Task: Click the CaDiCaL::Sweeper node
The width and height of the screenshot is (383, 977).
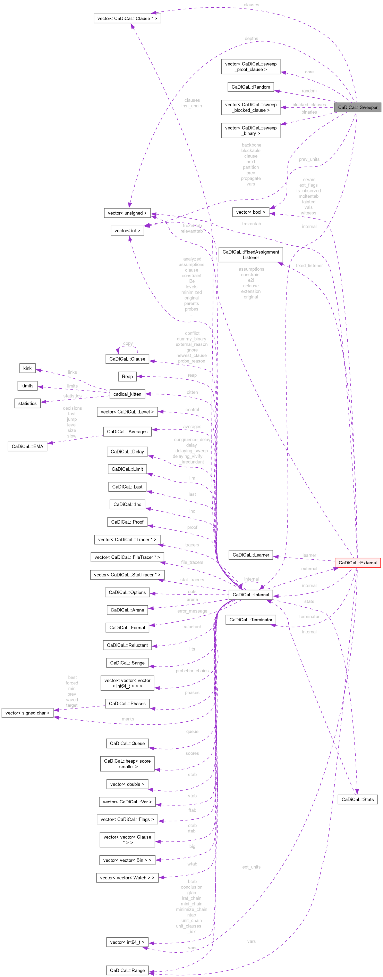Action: click(357, 107)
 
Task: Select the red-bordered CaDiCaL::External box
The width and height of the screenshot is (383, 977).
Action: click(357, 563)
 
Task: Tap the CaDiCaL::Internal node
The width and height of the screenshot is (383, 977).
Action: click(250, 595)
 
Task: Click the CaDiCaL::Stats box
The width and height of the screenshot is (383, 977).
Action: click(357, 799)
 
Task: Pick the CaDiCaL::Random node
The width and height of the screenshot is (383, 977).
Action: click(250, 87)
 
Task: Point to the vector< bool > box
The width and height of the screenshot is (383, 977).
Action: click(250, 212)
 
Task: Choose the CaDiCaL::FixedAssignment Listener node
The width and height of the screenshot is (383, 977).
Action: click(250, 254)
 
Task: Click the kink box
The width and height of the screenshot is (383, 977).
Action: click(27, 368)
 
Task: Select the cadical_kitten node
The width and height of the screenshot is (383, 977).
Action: click(127, 394)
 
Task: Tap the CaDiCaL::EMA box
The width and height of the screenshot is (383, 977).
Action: click(27, 446)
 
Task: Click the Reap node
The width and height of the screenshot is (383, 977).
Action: click(127, 377)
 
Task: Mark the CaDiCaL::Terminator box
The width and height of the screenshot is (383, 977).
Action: click(250, 620)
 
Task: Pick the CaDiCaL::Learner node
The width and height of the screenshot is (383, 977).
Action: click(250, 555)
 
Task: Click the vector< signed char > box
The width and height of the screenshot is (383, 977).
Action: click(27, 713)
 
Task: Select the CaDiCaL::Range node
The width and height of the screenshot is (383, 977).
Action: click(127, 970)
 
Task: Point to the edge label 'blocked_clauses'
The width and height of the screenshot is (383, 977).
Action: click(309, 105)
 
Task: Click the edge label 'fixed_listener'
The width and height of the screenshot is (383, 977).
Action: click(309, 265)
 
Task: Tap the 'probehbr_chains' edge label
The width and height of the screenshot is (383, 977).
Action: click(192, 671)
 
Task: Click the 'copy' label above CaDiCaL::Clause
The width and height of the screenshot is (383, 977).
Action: click(128, 343)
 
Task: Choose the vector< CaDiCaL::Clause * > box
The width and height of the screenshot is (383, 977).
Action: click(127, 18)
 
